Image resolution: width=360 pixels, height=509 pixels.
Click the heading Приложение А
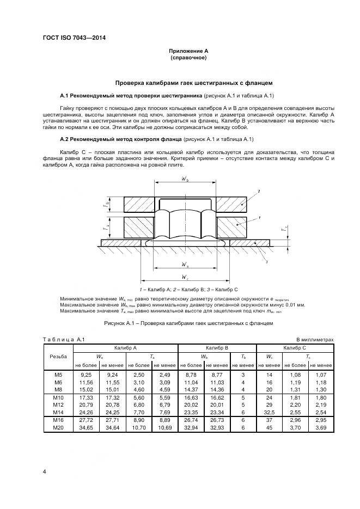pyautogui.click(x=188, y=51)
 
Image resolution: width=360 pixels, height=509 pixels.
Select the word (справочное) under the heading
pyautogui.click(x=188, y=58)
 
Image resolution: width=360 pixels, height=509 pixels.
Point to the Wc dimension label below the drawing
pyautogui.click(x=186, y=278)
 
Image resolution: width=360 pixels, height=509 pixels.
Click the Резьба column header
pyautogui.click(x=58, y=357)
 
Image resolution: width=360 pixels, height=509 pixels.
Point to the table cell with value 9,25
pyautogui.click(x=86, y=375)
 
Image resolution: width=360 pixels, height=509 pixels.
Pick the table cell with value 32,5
pyautogui.click(x=270, y=413)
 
